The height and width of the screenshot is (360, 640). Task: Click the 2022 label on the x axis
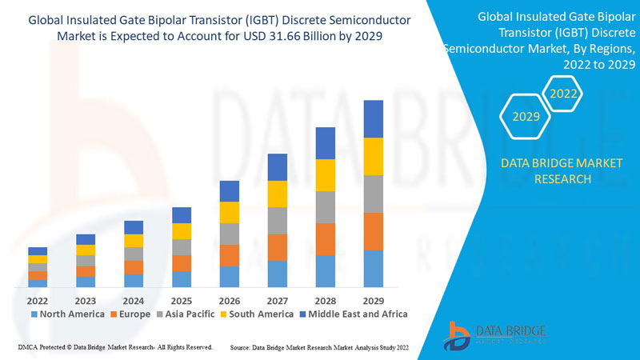click(x=37, y=300)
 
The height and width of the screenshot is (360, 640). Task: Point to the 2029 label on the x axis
click(x=373, y=300)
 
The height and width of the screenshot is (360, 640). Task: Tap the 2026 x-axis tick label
click(x=229, y=300)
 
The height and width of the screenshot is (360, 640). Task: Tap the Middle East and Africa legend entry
click(x=353, y=314)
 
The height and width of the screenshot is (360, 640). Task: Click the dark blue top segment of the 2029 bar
click(x=373, y=118)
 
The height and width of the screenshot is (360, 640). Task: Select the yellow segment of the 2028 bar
click(x=325, y=175)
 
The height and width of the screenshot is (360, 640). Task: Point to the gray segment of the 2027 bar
click(x=277, y=220)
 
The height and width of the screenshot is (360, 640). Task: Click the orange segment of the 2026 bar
click(x=229, y=255)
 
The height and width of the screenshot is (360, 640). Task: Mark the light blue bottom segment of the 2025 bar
click(x=182, y=279)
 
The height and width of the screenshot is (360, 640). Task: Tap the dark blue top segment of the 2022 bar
click(x=38, y=251)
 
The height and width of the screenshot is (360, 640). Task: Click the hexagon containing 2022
click(x=563, y=94)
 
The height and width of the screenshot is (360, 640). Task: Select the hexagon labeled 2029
click(x=526, y=117)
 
